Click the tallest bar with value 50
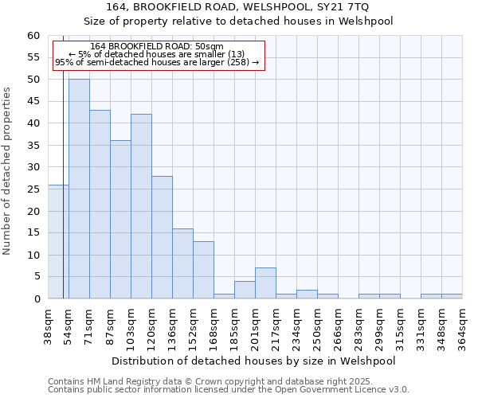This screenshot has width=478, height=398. [79, 189]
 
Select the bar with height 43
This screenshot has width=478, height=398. [100, 204]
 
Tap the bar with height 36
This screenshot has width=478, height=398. [120, 220]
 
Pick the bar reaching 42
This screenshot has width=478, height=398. [141, 206]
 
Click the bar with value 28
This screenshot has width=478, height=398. [162, 237]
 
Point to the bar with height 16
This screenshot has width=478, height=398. [182, 263]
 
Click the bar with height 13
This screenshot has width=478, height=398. [203, 270]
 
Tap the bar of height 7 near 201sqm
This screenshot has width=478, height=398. [265, 283]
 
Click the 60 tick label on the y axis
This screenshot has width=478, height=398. [33, 36]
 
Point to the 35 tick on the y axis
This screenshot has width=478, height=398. [33, 146]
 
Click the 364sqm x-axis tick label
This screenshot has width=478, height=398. [462, 326]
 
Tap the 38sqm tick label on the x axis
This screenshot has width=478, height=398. [49, 326]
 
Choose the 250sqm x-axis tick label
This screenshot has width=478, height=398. [317, 326]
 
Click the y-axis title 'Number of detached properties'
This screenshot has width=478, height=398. [8, 172]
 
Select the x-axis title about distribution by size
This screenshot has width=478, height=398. [255, 361]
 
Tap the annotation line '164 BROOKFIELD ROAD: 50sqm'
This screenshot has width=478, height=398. [157, 47]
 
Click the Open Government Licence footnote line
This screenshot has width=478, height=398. [229, 390]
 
